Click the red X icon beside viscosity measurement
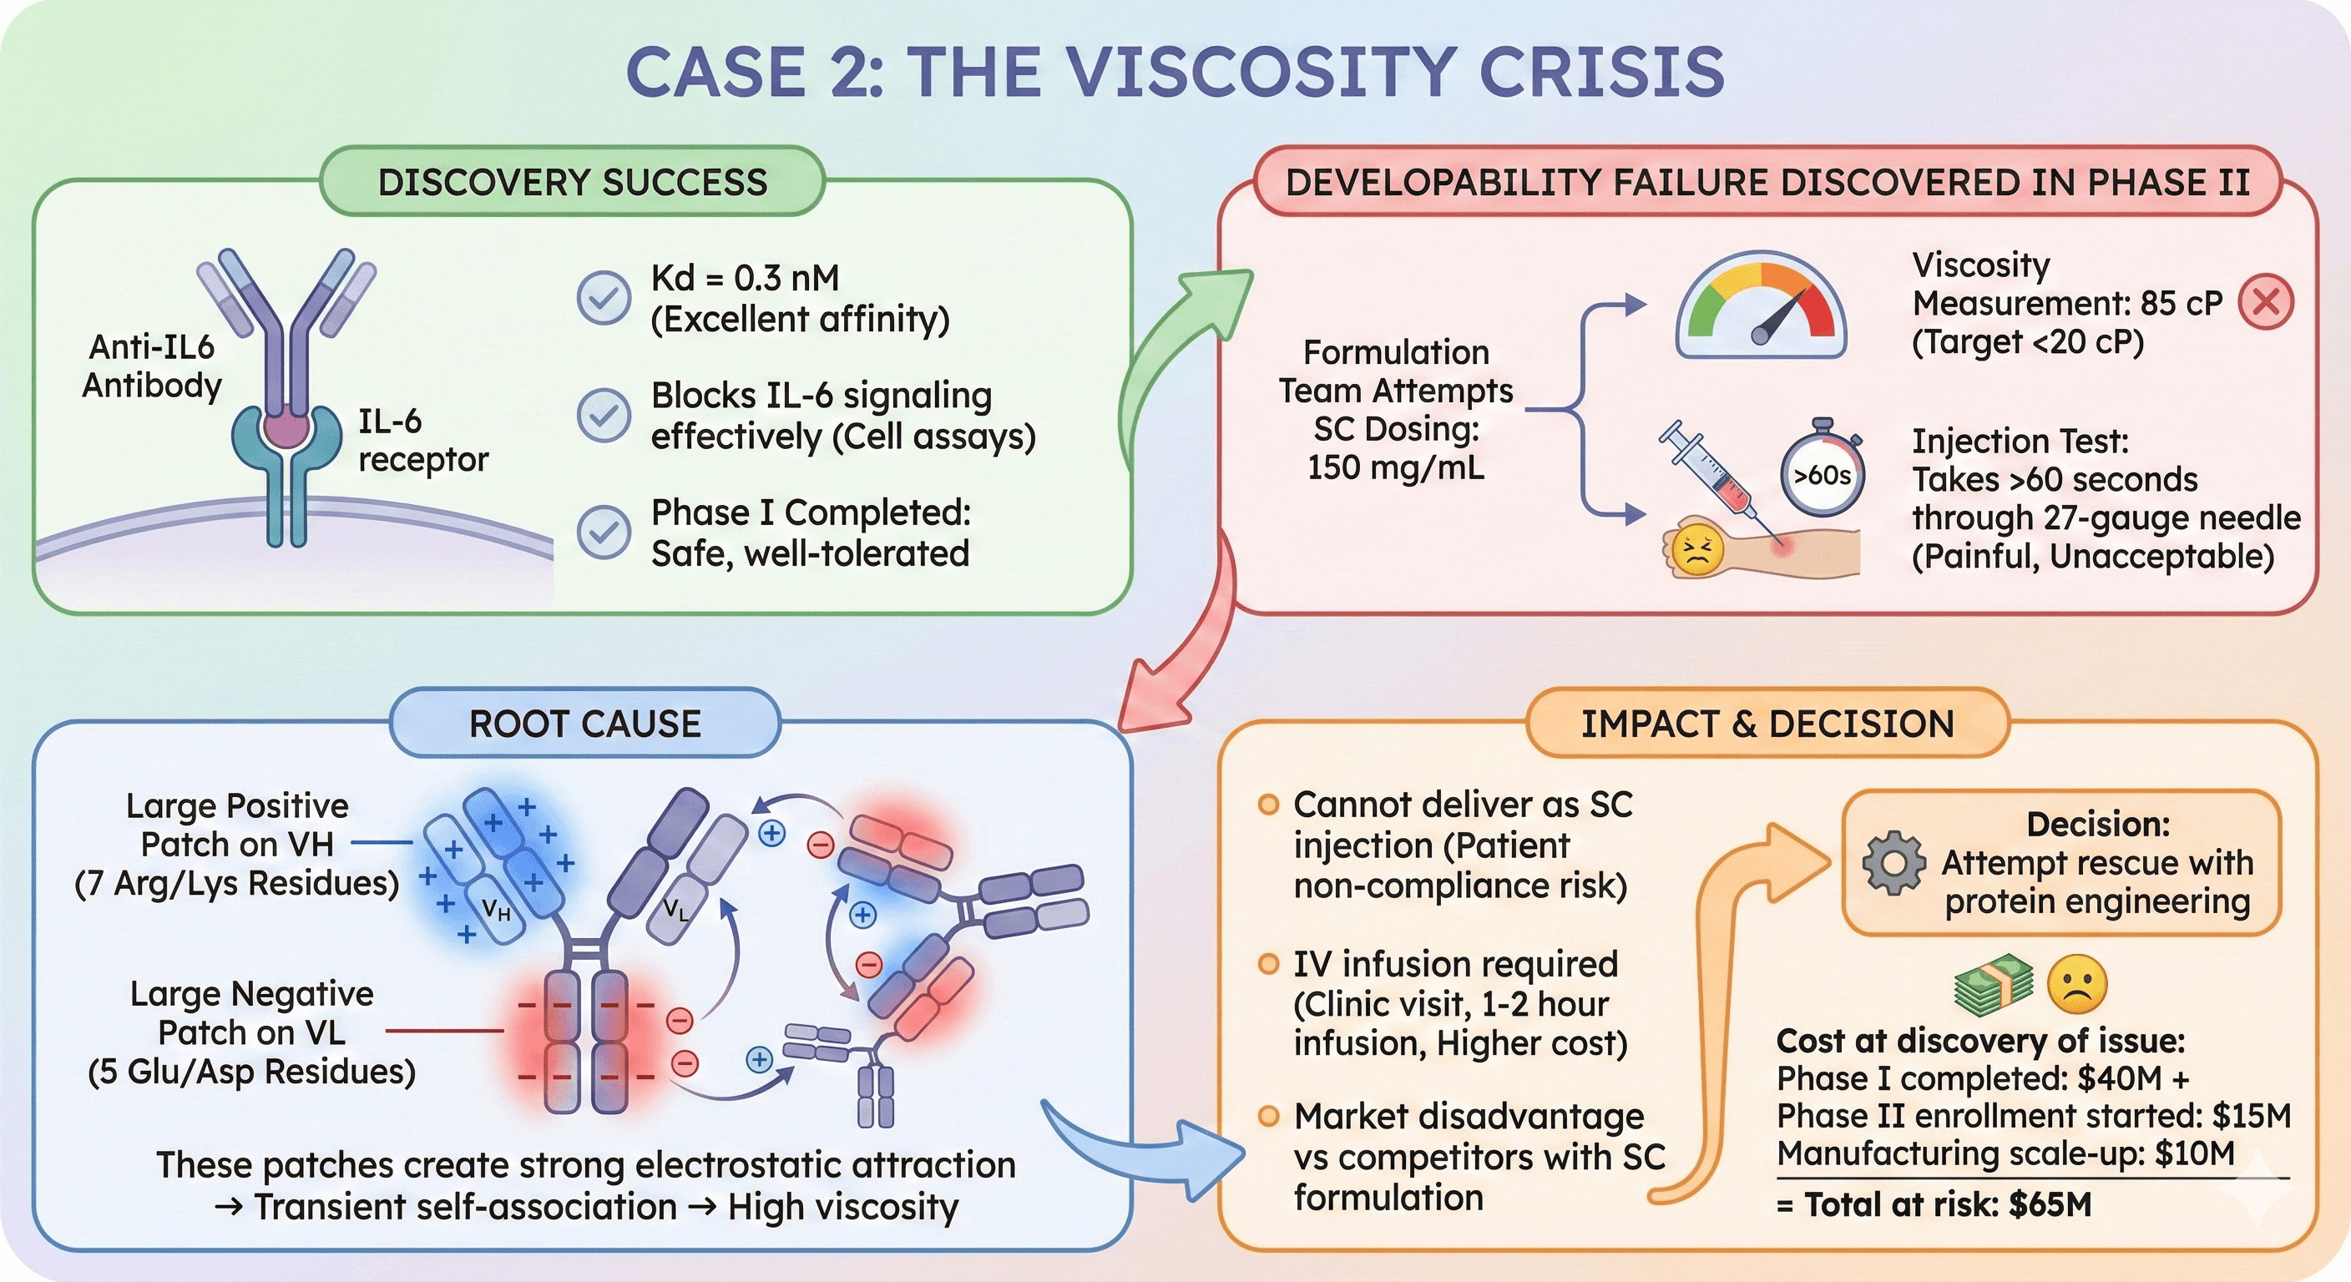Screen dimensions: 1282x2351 click(2265, 301)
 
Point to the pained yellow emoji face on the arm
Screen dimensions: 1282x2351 click(1696, 550)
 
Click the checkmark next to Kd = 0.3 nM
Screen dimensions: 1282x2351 click(604, 297)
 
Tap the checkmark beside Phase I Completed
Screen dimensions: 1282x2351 click(604, 532)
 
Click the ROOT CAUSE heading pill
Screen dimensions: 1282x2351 click(585, 724)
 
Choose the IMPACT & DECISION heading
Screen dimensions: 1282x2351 click(1767, 724)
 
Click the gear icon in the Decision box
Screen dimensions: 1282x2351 click(1893, 862)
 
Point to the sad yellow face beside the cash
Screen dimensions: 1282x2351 click(2077, 985)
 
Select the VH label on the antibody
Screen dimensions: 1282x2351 click(496, 910)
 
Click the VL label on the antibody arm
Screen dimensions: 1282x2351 click(676, 909)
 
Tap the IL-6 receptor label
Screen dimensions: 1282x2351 click(422, 441)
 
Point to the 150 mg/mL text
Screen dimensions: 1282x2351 click(1394, 467)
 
